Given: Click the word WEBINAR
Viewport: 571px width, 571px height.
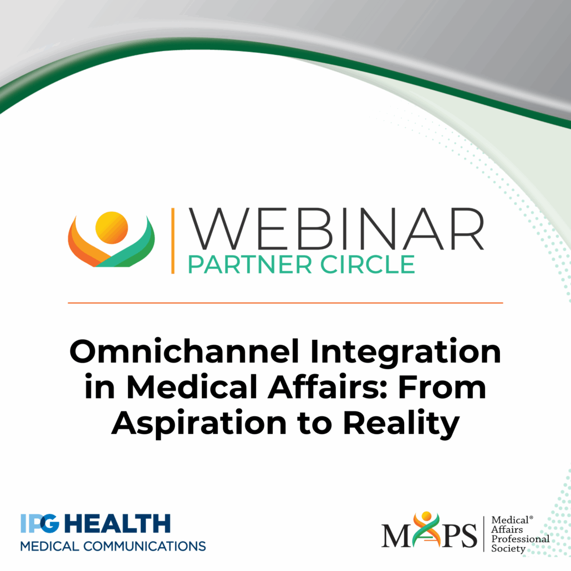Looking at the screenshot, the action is (336, 229).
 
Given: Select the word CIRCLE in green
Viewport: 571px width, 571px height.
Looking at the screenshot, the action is (368, 265).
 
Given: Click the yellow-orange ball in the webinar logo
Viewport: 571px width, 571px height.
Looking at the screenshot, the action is (111, 228).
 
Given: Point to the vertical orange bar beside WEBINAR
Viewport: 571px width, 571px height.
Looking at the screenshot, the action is (173, 241).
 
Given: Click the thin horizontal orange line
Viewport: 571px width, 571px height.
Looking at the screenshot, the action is (285, 303).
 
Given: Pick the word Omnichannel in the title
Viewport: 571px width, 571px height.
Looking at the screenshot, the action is (184, 352).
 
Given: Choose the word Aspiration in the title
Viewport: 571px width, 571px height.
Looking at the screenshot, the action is (199, 424).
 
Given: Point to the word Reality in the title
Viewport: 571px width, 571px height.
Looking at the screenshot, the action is (401, 424).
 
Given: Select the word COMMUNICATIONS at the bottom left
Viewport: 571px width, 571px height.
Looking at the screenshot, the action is (145, 546).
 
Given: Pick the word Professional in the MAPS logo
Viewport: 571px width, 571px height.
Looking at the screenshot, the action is (521, 539).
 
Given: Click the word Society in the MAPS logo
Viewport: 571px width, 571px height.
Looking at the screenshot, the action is (508, 548).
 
